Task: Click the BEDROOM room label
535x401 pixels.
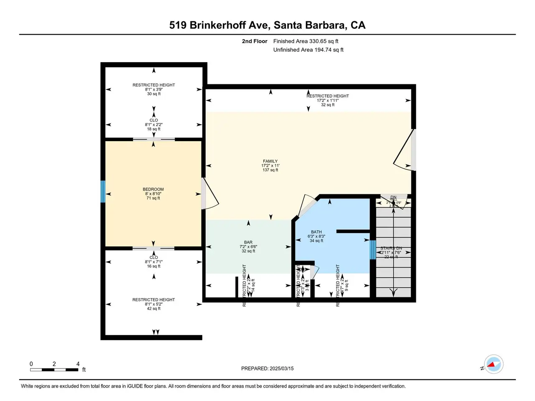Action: click(x=153, y=189)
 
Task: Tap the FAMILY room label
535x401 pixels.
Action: click(x=270, y=161)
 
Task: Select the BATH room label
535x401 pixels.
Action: click(x=316, y=232)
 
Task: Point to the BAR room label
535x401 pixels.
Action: click(x=248, y=242)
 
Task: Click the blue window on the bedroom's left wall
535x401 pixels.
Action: click(x=103, y=192)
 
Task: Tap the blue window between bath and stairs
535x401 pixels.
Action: click(x=373, y=250)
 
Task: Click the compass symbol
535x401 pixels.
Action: click(x=493, y=364)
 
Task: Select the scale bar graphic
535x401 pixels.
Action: click(x=54, y=370)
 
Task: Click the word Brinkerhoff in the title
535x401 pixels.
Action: click(x=230, y=25)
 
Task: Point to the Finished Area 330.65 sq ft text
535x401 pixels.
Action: click(x=306, y=41)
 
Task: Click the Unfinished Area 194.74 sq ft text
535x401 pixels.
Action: click(x=308, y=50)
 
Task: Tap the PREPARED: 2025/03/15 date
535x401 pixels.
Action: click(x=267, y=368)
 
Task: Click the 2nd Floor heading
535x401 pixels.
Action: click(x=255, y=41)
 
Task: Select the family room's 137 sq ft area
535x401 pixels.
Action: click(x=270, y=170)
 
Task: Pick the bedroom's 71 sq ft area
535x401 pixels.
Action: click(x=153, y=198)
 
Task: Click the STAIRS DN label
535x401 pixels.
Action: click(x=391, y=249)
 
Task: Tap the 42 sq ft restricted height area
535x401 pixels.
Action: click(x=153, y=308)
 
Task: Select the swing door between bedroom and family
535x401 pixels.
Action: click(x=210, y=194)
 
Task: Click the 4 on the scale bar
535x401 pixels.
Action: click(x=78, y=364)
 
